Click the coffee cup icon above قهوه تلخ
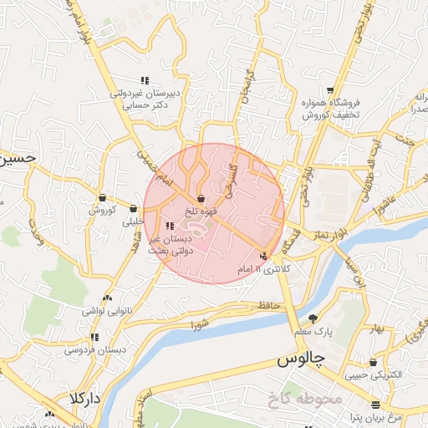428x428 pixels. coord(201,198)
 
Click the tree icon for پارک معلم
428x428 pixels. coord(313,318)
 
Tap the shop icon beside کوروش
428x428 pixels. coord(102,198)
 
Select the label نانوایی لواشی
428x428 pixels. coord(104,310)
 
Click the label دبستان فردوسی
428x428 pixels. coord(94,350)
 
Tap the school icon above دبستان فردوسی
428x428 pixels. coord(94,338)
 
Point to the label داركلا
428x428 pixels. coord(85,398)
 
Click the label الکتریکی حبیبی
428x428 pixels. coord(373,375)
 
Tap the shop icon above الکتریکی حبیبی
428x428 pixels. coord(373,363)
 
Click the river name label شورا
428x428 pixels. coord(198,323)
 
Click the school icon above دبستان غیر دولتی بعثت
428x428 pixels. coord(171,226)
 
